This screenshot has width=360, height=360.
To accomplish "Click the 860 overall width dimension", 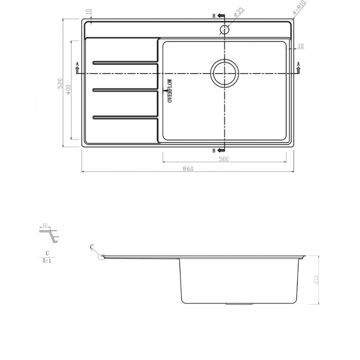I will coord(187,169).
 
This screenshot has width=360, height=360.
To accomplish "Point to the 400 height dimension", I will coord(68,90).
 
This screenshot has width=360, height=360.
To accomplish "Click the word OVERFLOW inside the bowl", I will coord(170,90).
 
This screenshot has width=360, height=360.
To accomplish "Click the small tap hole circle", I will coord(224,29).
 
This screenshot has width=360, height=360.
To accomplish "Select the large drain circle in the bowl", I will coord(224,73).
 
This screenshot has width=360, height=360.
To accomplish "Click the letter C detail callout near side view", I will coord(91,246).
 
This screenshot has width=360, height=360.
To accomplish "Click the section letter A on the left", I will coord(77,64).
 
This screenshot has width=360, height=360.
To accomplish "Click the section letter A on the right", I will coord(299,64).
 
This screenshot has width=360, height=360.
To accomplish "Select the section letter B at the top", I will coord(214,16).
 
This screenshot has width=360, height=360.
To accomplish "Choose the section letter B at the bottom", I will coord(214,151).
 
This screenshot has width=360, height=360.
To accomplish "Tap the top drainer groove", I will coord(125,61).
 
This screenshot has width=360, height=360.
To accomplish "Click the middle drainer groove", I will coord(125,89).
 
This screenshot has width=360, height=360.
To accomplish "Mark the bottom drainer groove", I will coord(125,117).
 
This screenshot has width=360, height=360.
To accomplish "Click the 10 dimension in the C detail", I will coord(45,225).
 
